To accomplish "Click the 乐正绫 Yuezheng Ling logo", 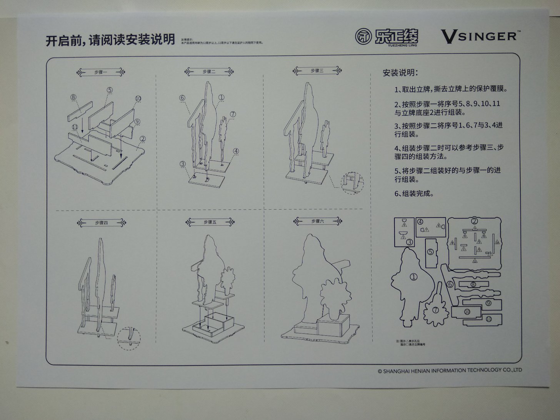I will pyautogui.click(x=387, y=37).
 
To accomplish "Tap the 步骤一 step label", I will pyautogui.click(x=101, y=72).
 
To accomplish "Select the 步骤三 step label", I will pyautogui.click(x=317, y=71).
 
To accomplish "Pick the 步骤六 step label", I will pyautogui.click(x=317, y=221).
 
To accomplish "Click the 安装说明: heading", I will pyautogui.click(x=400, y=73).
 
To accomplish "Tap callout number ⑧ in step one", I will pyautogui.click(x=73, y=97).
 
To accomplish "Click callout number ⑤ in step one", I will pyautogui.click(x=110, y=90).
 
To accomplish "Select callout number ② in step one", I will pyautogui.click(x=143, y=139).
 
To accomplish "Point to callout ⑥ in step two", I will pyautogui.click(x=182, y=98).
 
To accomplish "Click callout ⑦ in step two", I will pyautogui.click(x=233, y=114).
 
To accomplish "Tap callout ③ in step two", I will pyautogui.click(x=183, y=163).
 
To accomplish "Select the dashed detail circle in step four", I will pyautogui.click(x=129, y=338).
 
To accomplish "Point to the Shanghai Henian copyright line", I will pyautogui.click(x=450, y=370).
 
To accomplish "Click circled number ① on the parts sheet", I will pyautogui.click(x=413, y=277).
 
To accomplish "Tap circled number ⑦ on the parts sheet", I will pyautogui.click(x=436, y=310).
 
